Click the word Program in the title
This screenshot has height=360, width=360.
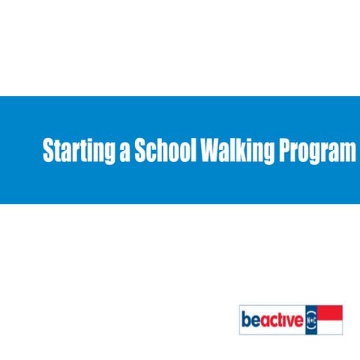315,152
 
